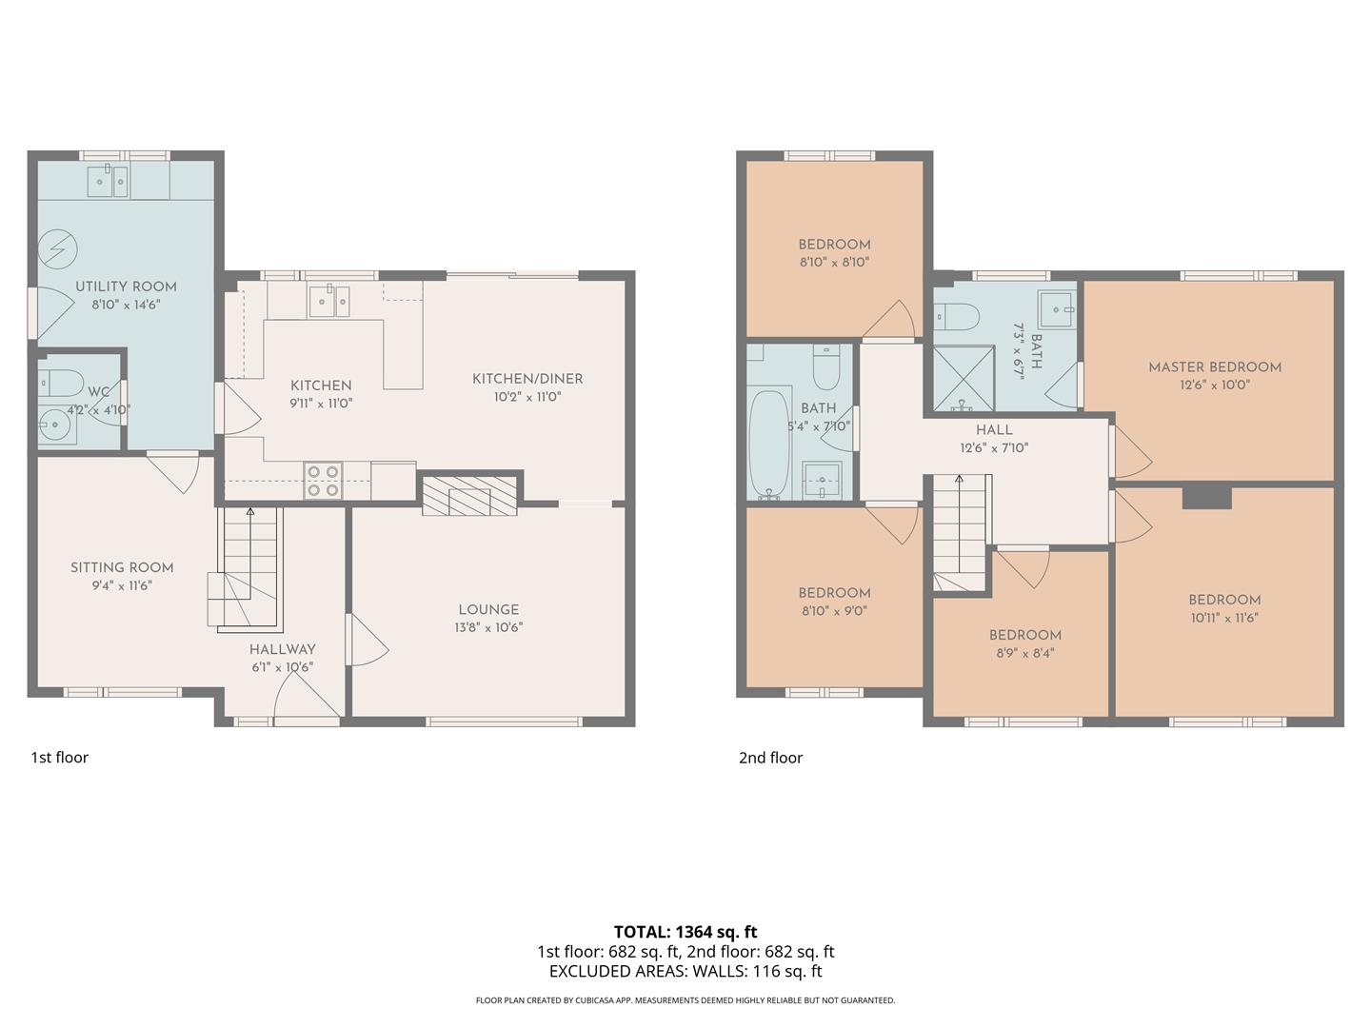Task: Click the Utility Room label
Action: pos(126,287)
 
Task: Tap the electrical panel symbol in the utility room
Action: pos(56,250)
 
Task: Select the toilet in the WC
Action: pos(62,383)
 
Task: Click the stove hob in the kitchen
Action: pos(323,481)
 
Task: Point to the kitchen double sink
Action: pos(328,302)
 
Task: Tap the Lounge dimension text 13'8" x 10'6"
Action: pos(488,628)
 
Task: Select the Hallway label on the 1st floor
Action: pos(282,649)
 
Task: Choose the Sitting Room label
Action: pos(122,567)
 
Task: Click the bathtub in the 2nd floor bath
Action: pos(769,444)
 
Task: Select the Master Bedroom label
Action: pos(1214,367)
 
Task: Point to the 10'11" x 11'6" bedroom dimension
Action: pos(1224,618)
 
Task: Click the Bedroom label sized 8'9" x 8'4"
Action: pos(1024,635)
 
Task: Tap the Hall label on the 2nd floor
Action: pos(994,430)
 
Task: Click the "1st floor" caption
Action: pos(59,758)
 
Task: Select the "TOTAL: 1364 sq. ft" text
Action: pos(685,932)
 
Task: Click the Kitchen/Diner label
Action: pos(527,379)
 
